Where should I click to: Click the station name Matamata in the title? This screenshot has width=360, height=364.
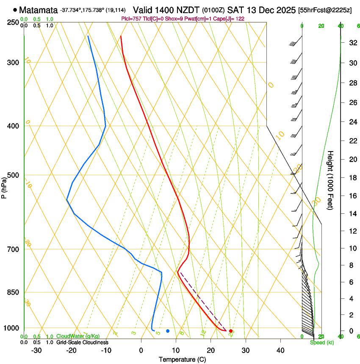click(39, 9)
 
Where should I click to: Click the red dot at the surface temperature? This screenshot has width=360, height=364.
click(231, 331)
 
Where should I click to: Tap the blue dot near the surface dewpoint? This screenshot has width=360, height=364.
click(168, 331)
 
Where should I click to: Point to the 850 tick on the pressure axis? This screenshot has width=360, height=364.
click(13, 292)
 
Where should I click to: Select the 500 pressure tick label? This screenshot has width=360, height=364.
click(13, 175)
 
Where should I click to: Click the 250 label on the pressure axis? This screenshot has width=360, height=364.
click(13, 22)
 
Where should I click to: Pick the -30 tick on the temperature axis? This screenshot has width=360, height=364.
click(36, 350)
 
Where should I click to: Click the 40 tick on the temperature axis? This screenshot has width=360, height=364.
click(280, 350)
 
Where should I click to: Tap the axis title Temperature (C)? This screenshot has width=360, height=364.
click(182, 359)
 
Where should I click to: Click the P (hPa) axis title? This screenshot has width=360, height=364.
click(4, 186)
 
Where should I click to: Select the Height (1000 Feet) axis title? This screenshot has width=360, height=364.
click(330, 180)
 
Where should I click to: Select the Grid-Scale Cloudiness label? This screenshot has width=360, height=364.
click(82, 342)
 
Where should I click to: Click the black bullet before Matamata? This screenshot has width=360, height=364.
click(15, 9)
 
